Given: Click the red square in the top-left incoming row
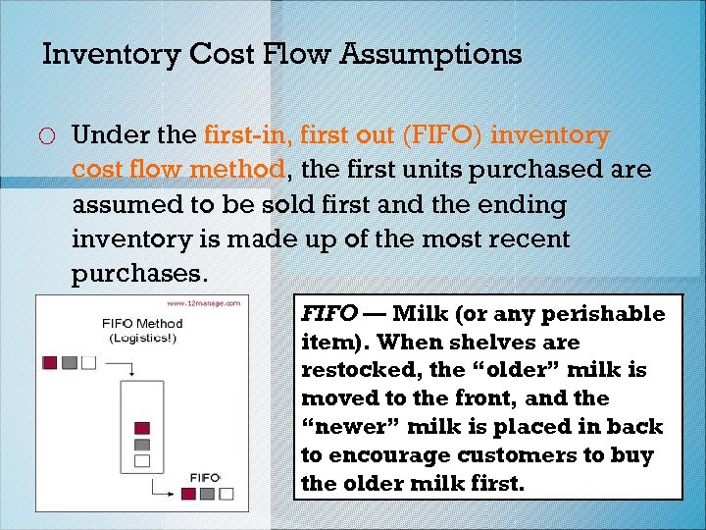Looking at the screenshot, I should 50,362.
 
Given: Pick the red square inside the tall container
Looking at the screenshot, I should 141,427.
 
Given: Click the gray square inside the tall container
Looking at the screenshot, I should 141,444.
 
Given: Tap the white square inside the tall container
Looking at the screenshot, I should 141,459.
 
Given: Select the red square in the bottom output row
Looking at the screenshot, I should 189,493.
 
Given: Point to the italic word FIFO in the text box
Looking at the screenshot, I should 326,315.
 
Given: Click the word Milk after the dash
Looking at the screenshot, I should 423,315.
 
